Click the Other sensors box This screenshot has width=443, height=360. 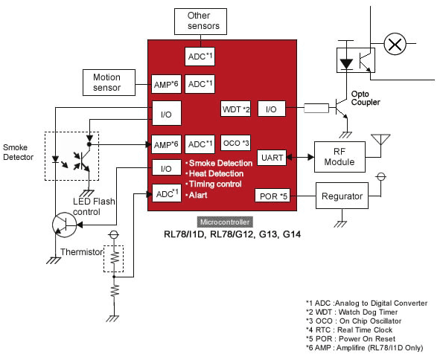[x=200, y=22]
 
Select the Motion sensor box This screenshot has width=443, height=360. [x=109, y=83]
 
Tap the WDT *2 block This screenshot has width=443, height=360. [x=235, y=109]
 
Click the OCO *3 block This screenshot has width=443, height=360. [x=235, y=143]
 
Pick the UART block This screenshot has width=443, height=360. [x=272, y=158]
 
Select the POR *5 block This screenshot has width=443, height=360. [x=273, y=196]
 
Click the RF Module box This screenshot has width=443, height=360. [x=340, y=157]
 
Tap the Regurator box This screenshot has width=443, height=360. [x=342, y=196]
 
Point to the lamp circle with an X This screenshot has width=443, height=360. [x=395, y=44]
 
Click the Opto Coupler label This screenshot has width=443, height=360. [x=366, y=98]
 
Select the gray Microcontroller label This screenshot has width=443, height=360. [x=225, y=222]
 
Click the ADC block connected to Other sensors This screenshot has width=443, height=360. [x=200, y=57]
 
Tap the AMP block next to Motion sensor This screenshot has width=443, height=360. [x=166, y=84]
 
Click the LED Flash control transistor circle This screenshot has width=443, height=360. [x=65, y=225]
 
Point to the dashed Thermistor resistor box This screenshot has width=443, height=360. [x=114, y=259]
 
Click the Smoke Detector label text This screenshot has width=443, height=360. [x=18, y=152]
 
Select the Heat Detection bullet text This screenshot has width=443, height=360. [x=214, y=173]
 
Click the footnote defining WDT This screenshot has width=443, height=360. [x=351, y=312]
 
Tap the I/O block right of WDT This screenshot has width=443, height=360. [x=272, y=109]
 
